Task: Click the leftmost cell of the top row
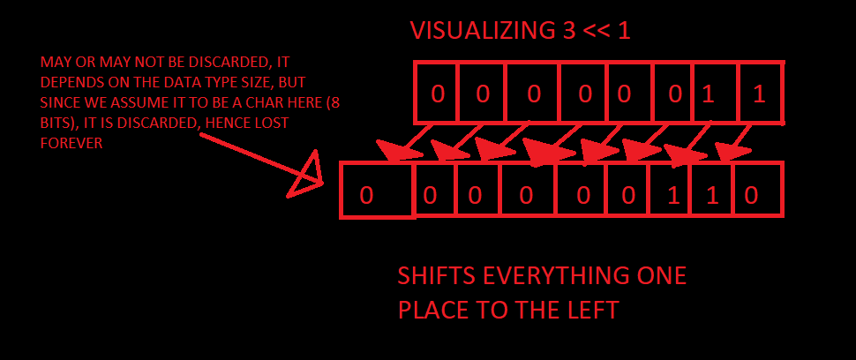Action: (438, 93)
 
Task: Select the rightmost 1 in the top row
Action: (759, 94)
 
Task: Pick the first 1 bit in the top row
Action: (708, 94)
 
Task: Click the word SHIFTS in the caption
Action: (436, 276)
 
